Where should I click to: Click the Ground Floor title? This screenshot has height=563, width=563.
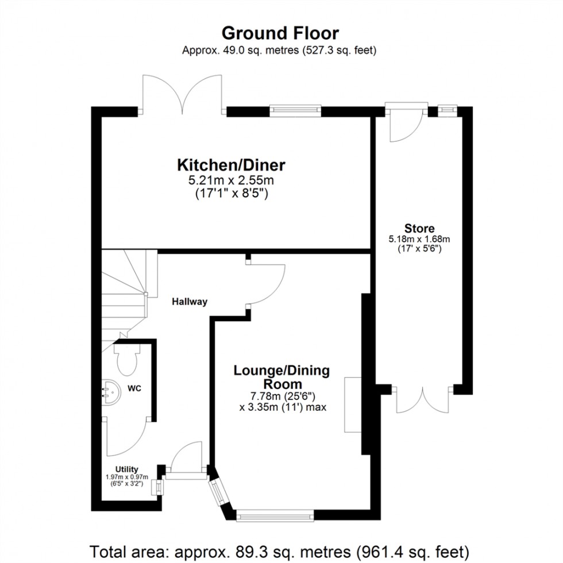click(x=280, y=32)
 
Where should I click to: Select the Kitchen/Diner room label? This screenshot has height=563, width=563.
click(x=230, y=166)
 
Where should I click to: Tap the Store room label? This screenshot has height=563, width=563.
click(x=419, y=228)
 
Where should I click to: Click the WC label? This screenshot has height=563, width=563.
click(x=134, y=388)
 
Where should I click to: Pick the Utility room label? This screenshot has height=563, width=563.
click(x=126, y=469)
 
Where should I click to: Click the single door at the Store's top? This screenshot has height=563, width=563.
click(x=406, y=123)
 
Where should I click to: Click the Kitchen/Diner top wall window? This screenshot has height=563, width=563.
click(x=295, y=110)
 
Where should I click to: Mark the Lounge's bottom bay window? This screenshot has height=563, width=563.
click(x=275, y=515)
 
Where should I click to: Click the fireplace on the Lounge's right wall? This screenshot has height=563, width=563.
click(x=352, y=404)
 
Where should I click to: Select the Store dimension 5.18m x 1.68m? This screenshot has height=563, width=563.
click(x=418, y=239)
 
